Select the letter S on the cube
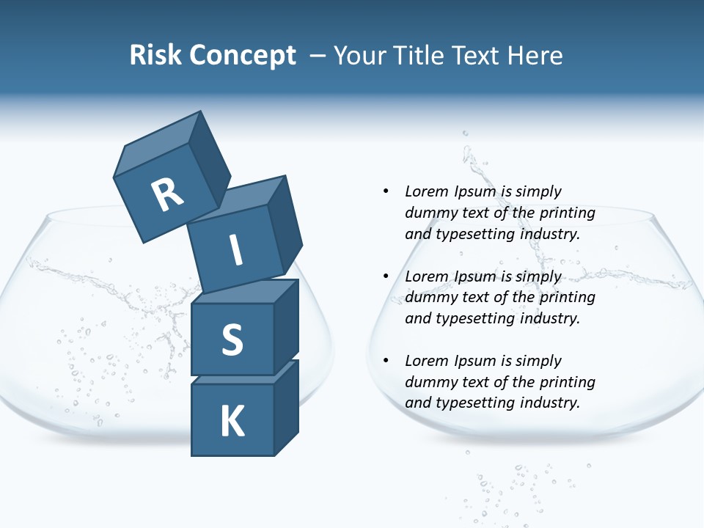click(232, 340)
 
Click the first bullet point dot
click(386, 191)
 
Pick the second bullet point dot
click(386, 276)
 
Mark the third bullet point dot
click(386, 361)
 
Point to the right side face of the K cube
click(286, 407)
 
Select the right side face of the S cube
click(286, 326)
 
